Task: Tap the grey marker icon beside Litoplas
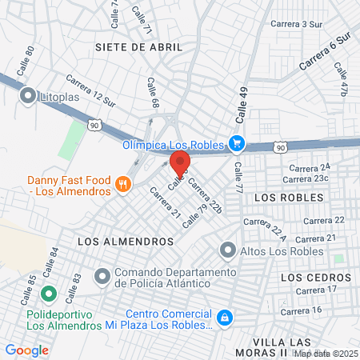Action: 29,97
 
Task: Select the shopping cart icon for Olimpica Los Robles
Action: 236,144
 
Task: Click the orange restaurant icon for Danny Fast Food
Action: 122,184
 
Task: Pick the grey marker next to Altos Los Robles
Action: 229,250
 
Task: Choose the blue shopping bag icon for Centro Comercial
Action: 226,318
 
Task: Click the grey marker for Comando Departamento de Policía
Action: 102,277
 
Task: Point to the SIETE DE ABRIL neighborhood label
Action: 138,47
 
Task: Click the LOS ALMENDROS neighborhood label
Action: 126,240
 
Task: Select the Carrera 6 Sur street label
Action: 326,51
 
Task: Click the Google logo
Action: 26,350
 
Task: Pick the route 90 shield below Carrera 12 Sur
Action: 95,125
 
